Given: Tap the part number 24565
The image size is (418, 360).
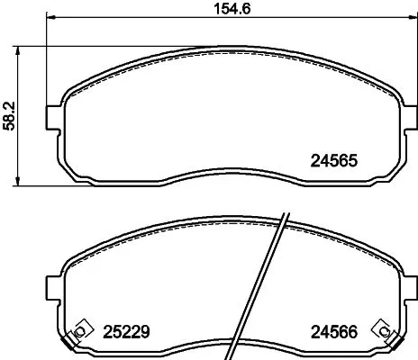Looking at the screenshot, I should click(334, 164).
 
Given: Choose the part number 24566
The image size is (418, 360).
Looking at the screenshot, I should click(334, 331).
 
